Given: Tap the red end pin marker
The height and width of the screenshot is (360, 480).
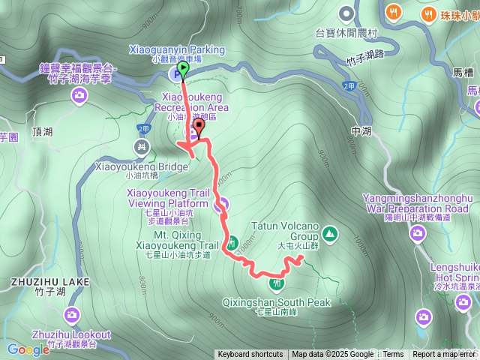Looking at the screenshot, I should [x=199, y=124].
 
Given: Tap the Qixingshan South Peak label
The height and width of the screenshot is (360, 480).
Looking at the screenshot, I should [x=276, y=302].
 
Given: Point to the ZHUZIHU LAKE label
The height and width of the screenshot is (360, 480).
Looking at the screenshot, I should [x=49, y=282].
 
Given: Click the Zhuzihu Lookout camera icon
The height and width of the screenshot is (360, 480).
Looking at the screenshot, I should [x=71, y=314].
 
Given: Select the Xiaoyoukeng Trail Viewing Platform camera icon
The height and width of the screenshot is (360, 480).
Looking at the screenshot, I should [x=221, y=204].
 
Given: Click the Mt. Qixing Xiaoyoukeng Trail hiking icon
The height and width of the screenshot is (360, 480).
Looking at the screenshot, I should [x=232, y=243].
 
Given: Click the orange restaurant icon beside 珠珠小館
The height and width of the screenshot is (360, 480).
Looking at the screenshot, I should [x=428, y=13].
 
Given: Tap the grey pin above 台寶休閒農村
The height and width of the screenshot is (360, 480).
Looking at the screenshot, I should [x=346, y=14].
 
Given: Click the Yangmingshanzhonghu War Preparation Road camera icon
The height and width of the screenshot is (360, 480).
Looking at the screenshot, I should [x=418, y=235].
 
